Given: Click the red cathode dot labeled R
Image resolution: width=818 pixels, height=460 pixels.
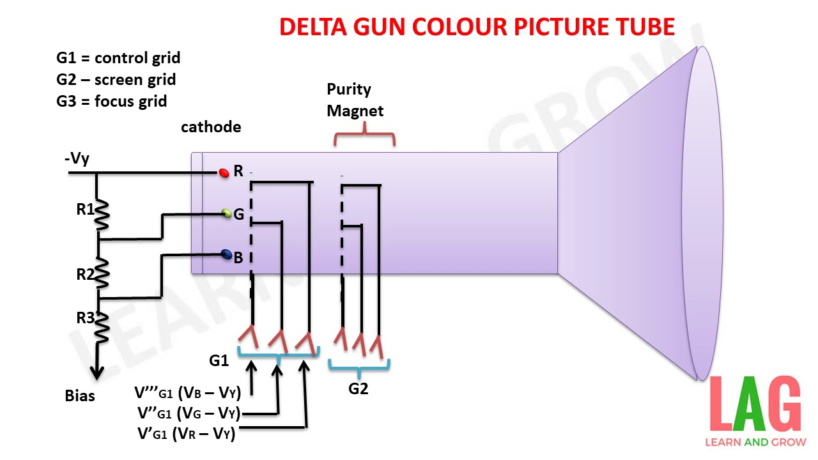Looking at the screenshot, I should point(224,172).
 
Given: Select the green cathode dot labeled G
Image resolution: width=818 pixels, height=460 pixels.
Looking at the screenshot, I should point(226,213).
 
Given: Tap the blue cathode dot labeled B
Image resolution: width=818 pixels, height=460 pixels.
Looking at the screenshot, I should point(226,255).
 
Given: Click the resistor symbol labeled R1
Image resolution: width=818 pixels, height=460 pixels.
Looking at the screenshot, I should point(101,215).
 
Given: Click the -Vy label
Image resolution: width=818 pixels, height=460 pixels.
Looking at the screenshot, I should point(77,159).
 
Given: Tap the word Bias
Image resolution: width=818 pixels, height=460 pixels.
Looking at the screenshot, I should point(80,396).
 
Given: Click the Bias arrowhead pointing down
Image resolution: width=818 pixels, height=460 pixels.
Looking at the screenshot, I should point(98,372).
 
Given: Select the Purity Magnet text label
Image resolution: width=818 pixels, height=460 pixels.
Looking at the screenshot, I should point(355,100).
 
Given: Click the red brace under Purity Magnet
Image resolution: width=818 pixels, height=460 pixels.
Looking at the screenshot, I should point(364,135).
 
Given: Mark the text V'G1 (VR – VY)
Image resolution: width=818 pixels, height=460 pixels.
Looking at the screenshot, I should point(187,434).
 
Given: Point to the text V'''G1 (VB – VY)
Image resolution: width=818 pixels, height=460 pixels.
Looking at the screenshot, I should point(187,392).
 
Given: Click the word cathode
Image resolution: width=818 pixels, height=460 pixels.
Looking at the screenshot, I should point(211,127).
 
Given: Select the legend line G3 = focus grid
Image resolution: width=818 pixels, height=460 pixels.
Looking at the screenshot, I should point(112,101).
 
